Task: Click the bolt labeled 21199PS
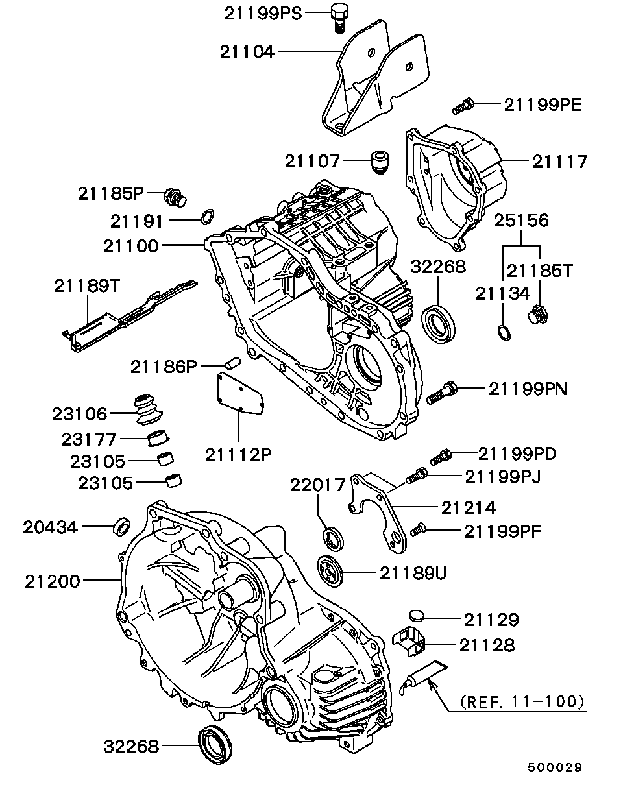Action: coord(337,17)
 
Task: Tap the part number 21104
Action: coord(247,52)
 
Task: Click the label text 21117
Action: coord(559,161)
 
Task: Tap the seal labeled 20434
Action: coord(121,526)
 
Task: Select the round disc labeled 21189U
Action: coord(332,570)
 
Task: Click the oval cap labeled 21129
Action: coord(417,616)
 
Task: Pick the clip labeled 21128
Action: coord(411,639)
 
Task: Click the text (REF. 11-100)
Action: coord(521,701)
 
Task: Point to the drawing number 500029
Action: coord(554,767)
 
